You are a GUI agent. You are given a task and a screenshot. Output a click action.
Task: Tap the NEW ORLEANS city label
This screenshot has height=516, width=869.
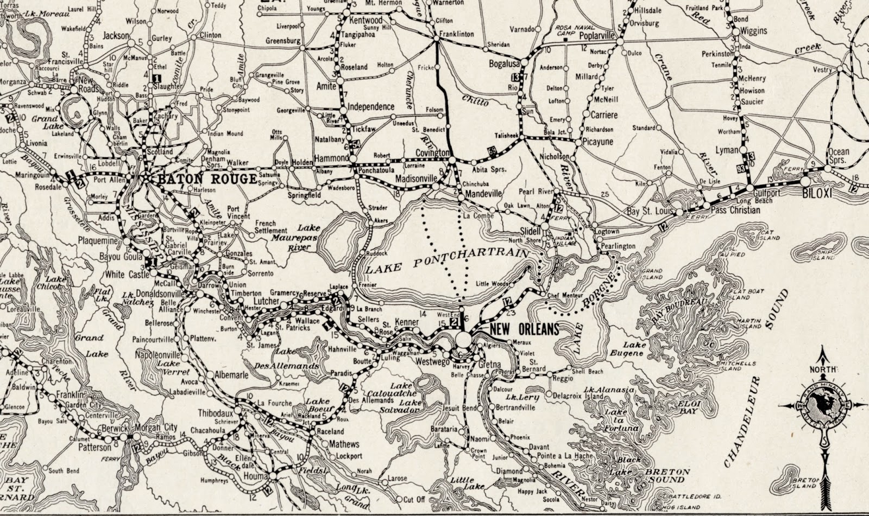[524, 329]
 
